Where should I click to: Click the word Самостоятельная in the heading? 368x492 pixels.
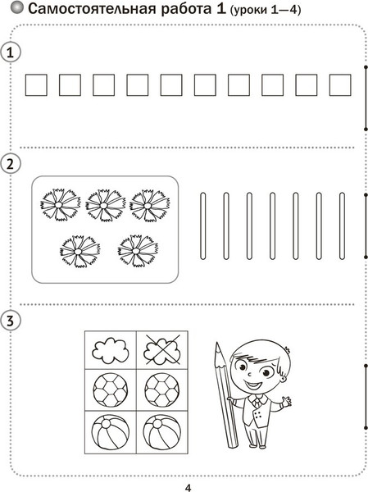(92, 9)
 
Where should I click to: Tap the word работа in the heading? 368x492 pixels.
(187, 9)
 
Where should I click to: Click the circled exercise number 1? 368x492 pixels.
(11, 52)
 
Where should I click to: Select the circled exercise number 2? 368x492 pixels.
(11, 164)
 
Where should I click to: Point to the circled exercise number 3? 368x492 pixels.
(11, 321)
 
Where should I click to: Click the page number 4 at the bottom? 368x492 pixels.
(188, 488)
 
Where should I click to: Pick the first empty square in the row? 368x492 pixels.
(36, 85)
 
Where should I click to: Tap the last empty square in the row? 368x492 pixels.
(340, 85)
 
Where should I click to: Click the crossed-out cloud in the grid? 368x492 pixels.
(162, 349)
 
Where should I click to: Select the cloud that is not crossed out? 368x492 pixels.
(111, 349)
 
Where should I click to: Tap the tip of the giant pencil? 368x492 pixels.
(216, 343)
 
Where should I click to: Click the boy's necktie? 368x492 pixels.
(257, 403)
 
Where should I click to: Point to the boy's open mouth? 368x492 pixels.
(252, 385)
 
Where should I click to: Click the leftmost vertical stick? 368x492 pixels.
(203, 226)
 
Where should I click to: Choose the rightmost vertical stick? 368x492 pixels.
(342, 226)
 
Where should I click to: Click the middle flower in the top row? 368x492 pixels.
(105, 205)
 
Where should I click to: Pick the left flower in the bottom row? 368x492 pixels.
(80, 252)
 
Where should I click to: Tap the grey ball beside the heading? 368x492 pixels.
(17, 8)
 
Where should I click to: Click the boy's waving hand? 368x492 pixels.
(286, 401)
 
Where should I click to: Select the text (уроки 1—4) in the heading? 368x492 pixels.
(266, 10)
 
